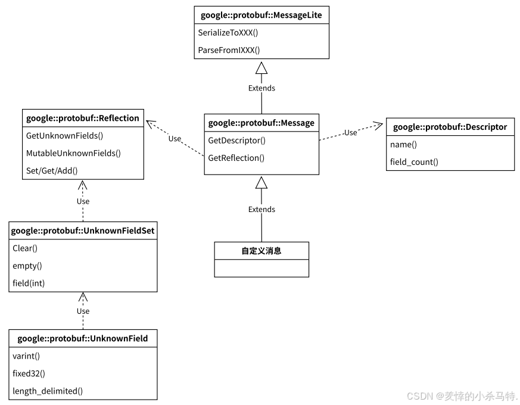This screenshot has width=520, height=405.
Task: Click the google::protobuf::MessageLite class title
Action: click(x=261, y=15)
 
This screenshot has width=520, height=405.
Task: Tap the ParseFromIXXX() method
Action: click(x=229, y=50)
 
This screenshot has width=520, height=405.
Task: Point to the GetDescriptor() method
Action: click(x=236, y=141)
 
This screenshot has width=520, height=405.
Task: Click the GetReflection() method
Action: click(x=236, y=158)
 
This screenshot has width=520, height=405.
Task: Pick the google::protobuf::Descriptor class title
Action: click(x=450, y=127)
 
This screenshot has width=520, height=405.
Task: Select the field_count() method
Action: click(x=414, y=161)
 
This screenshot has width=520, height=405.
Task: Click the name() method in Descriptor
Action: click(x=403, y=144)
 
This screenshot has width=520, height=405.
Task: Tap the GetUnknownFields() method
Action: click(x=64, y=136)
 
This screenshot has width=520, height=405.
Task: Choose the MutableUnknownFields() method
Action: click(x=73, y=153)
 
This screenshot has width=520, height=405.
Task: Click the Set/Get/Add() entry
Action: click(x=52, y=170)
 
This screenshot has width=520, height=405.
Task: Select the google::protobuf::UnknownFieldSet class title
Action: click(x=83, y=230)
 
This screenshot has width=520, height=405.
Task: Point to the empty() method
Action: click(x=27, y=266)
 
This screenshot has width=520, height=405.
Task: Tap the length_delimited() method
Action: click(x=48, y=391)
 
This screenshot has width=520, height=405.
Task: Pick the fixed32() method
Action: click(x=29, y=373)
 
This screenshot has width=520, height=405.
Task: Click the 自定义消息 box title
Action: click(x=261, y=251)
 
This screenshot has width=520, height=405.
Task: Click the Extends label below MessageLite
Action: click(x=261, y=88)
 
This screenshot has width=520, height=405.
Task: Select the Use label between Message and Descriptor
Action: click(x=350, y=132)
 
